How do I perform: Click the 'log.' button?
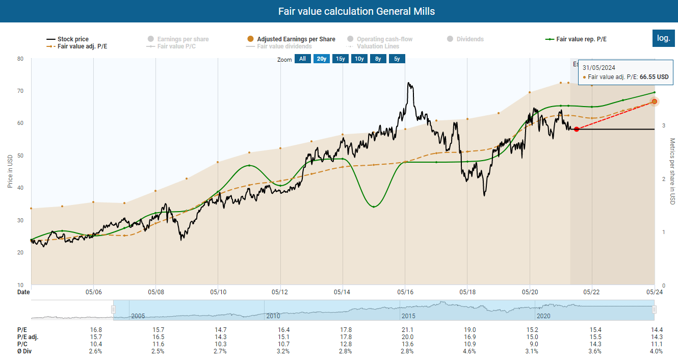tap(663, 38)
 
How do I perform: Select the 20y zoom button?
tap(322, 59)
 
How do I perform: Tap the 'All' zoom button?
tap(302, 59)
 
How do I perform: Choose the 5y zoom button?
tap(397, 59)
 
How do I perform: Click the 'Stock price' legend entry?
tap(73, 39)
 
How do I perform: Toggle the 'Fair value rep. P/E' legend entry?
tap(581, 39)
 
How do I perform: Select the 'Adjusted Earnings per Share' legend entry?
tap(296, 39)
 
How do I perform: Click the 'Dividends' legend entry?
tap(470, 39)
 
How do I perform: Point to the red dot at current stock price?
tap(576, 129)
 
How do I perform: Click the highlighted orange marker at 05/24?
tap(655, 101)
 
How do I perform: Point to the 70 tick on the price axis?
tap(20, 91)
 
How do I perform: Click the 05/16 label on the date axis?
tap(405, 292)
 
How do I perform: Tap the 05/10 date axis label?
tap(218, 292)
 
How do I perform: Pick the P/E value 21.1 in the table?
tap(407, 330)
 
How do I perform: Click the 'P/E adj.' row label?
tap(28, 337)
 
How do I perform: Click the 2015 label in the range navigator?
tap(408, 316)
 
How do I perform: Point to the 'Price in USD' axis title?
tap(10, 171)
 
